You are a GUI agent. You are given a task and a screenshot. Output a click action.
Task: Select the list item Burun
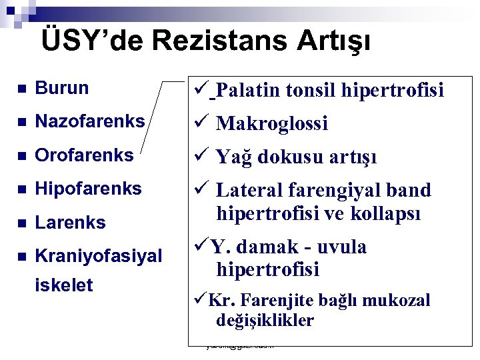pos(61,87)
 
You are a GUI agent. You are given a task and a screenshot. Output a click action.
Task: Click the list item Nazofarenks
pos(89,121)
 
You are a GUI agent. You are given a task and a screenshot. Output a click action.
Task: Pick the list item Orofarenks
pos(84,155)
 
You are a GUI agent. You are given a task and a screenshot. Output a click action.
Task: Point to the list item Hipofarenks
pos(88,189)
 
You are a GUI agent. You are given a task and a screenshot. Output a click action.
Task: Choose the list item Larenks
pos(70,222)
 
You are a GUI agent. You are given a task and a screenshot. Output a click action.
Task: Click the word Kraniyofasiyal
pos(98,255)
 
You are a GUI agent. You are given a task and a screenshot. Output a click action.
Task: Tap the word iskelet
pos(63,285)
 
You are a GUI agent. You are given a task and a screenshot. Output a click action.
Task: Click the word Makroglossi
pos(272,123)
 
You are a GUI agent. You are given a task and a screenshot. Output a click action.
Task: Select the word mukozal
pos(398,301)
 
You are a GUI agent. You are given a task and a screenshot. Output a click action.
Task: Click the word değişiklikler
pos(265,321)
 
